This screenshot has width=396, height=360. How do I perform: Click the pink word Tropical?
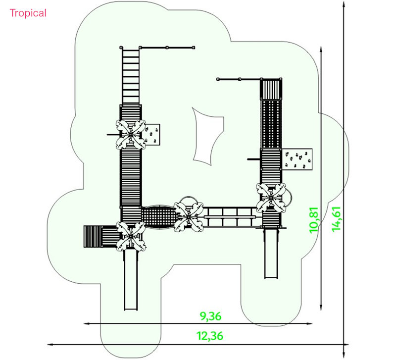[x=28, y=13]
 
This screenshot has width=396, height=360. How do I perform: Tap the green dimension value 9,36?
[x=211, y=316]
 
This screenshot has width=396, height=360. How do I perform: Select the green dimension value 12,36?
[x=210, y=336]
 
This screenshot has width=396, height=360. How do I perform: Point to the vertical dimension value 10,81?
[x=314, y=220]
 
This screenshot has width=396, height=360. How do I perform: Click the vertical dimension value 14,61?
[x=337, y=219]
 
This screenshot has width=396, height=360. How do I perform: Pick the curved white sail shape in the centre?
[x=206, y=136]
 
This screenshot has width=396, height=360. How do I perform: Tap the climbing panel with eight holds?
[x=297, y=159]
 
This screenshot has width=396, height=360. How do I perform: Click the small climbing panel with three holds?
[x=152, y=135]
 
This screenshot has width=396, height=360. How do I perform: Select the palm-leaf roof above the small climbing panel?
[x=131, y=135]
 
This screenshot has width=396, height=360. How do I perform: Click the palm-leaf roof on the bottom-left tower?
[x=131, y=237]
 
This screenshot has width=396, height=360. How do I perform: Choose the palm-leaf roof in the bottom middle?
[x=189, y=217]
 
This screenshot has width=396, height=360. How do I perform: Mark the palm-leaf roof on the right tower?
[x=271, y=198]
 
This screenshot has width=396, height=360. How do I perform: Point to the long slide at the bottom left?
[x=131, y=280]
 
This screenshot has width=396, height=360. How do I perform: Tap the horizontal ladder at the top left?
[x=130, y=76]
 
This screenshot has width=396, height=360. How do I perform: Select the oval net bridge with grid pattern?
[x=158, y=217]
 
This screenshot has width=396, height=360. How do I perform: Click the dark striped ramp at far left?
[x=93, y=237]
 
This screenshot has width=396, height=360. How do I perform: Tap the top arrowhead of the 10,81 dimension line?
[x=321, y=49]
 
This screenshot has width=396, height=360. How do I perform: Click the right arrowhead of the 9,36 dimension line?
[x=310, y=324]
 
